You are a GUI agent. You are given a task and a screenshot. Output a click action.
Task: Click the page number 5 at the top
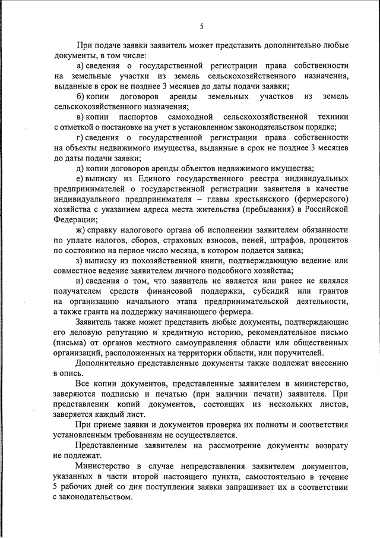point(201,26)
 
